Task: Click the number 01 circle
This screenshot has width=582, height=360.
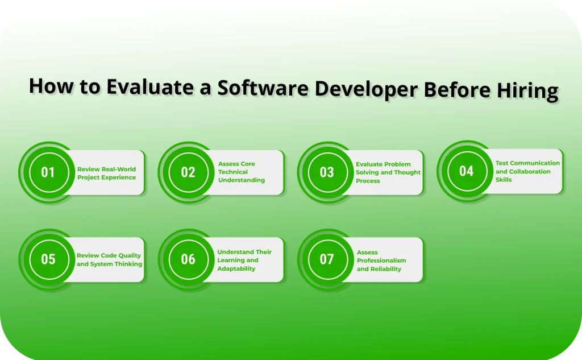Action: (48, 172)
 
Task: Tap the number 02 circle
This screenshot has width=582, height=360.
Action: (188, 172)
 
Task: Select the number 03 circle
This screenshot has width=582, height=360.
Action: (327, 172)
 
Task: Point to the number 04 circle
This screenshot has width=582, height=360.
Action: (466, 171)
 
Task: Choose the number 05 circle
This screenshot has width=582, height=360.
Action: (48, 259)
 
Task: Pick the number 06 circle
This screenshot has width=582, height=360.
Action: (188, 259)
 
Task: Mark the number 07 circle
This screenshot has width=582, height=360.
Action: (327, 259)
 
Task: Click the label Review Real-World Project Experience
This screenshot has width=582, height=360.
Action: (106, 173)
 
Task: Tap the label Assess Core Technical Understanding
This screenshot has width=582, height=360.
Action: (242, 172)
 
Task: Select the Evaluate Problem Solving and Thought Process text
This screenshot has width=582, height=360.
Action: (388, 172)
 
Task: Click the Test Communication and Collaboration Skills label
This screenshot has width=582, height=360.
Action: (527, 171)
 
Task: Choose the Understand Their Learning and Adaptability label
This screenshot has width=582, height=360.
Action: (244, 260)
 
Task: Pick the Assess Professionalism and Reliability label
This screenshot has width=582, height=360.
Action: (381, 260)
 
